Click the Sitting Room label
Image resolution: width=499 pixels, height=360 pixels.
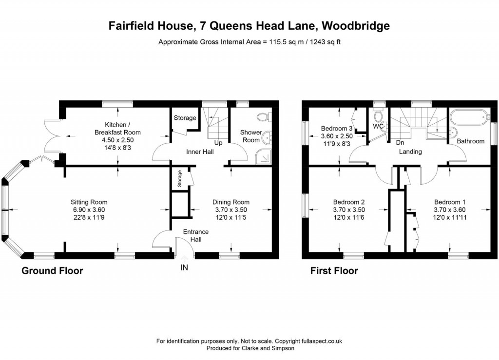[89, 202]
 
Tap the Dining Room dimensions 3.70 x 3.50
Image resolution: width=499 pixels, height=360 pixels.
[230, 209]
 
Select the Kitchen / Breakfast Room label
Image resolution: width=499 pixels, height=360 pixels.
[117, 129]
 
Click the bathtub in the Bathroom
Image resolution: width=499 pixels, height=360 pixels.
[469, 117]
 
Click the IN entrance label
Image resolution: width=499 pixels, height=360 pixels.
[184, 267]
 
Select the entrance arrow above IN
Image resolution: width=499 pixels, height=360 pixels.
[184, 258]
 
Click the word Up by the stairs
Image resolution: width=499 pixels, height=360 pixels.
[218, 143]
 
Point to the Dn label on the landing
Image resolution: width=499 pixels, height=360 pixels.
[400, 143]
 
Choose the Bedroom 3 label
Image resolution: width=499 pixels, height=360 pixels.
[337, 129]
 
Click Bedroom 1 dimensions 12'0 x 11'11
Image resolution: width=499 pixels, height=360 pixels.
[450, 218]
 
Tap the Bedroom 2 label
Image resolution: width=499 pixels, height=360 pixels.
[349, 202]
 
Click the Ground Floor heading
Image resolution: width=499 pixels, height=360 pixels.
[52, 271]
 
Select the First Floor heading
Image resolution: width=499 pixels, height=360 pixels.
[334, 271]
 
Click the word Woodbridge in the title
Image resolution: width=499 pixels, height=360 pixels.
[356, 25]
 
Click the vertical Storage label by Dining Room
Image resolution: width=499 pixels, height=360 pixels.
[179, 178]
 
